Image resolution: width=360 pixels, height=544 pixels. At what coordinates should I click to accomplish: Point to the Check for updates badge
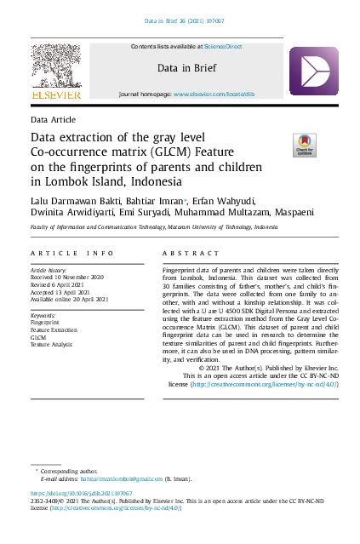click(x=304, y=146)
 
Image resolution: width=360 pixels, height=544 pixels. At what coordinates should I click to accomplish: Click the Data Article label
click(x=53, y=121)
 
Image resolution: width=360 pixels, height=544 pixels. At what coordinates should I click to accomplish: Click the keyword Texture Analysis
click(x=53, y=344)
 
